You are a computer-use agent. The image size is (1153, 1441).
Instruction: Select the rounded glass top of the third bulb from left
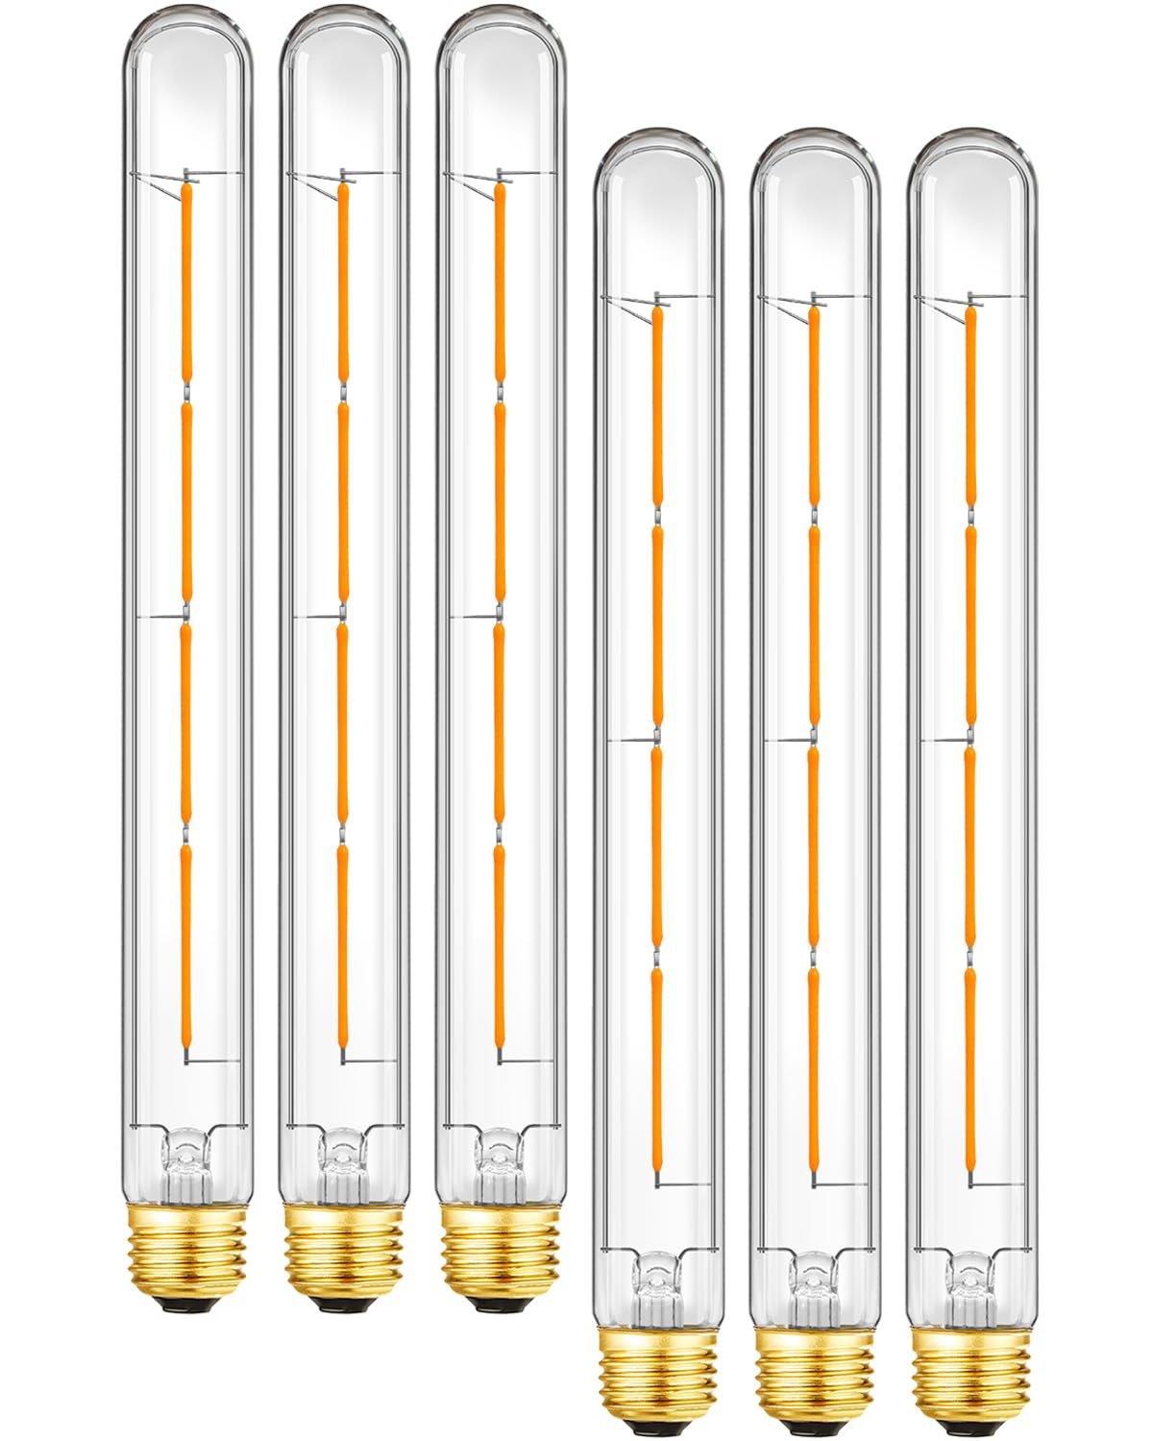[500, 58]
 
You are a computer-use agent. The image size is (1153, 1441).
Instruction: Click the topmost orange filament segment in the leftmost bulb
[185, 279]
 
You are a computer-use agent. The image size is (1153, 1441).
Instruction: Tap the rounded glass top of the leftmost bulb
[186, 58]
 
